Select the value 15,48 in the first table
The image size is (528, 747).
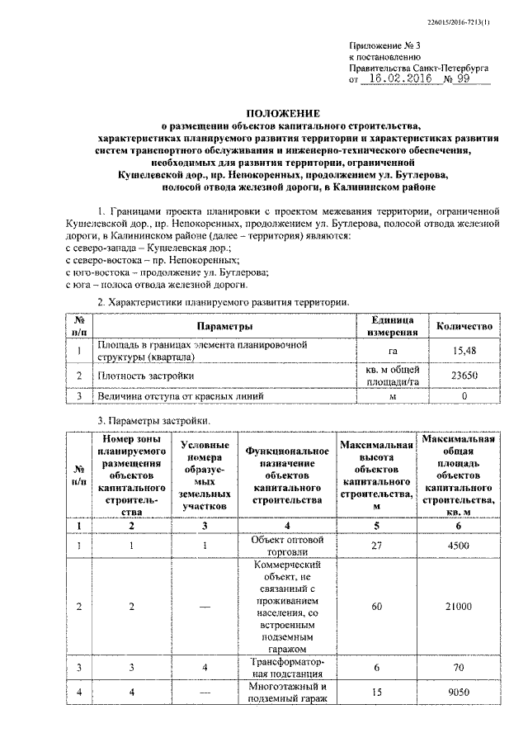click(465, 352)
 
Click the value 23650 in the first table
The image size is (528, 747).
click(465, 376)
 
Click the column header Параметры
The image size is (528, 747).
click(224, 326)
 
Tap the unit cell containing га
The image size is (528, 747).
click(392, 352)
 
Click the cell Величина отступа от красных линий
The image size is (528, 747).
click(181, 397)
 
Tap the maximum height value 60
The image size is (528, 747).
click(375, 607)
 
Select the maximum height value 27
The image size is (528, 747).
click(375, 546)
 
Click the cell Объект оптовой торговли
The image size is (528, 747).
click(282, 546)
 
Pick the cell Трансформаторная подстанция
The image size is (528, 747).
click(282, 667)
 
